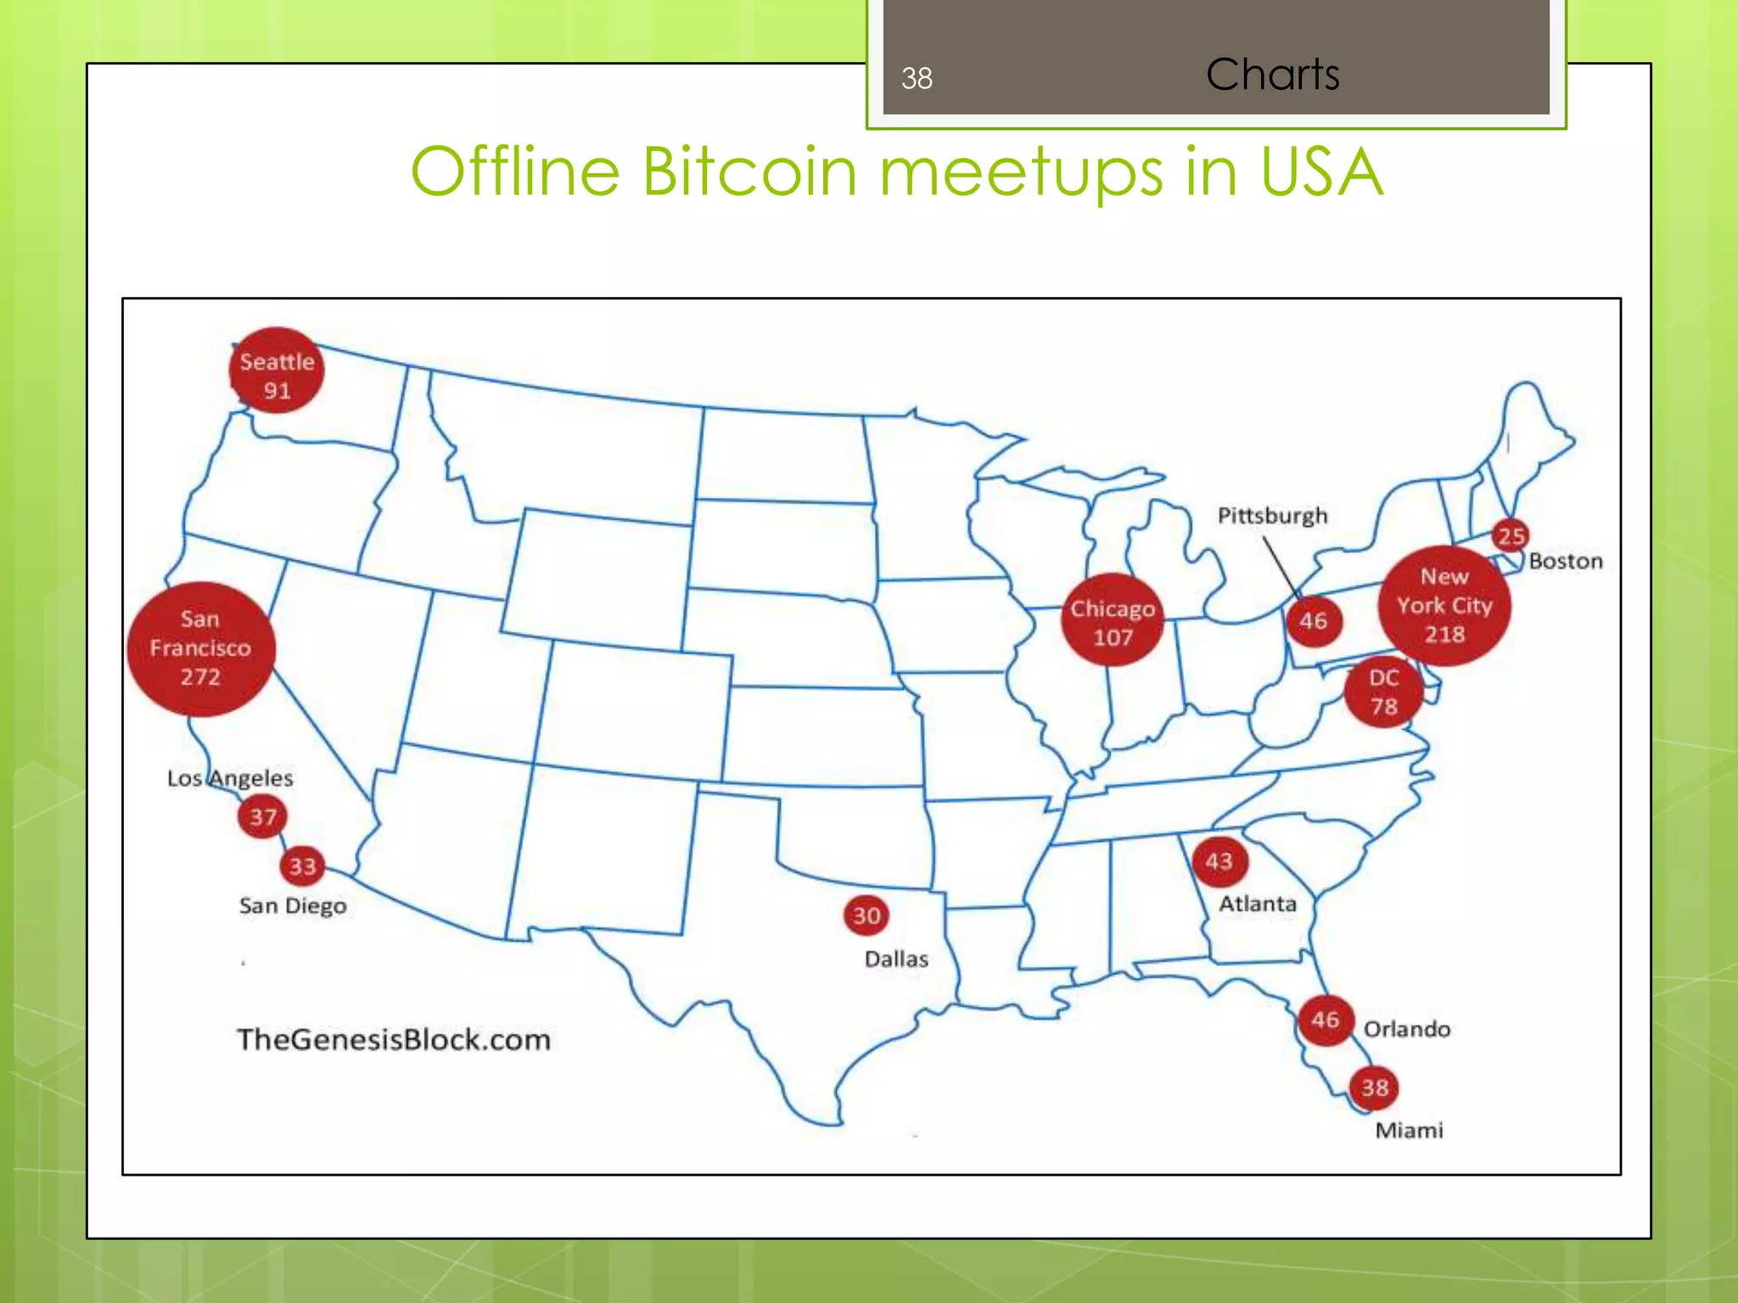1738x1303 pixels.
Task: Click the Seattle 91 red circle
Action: click(x=277, y=372)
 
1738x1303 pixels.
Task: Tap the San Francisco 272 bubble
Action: click(x=201, y=649)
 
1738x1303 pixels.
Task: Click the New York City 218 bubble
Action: click(x=1444, y=606)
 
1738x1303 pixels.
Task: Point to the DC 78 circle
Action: click(x=1383, y=691)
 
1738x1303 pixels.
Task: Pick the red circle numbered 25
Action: click(x=1511, y=535)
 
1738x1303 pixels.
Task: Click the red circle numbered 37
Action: click(x=262, y=817)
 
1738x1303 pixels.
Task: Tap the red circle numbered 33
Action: click(x=302, y=866)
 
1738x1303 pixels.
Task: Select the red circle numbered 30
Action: click(x=866, y=915)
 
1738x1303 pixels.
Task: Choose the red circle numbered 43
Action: click(x=1219, y=861)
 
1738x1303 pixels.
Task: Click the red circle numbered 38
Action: click(x=1375, y=1088)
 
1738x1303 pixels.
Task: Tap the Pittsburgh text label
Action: click(x=1272, y=516)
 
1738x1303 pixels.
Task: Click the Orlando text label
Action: click(x=1406, y=1029)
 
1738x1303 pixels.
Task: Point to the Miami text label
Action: click(x=1409, y=1130)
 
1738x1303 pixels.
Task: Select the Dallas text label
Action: click(x=896, y=959)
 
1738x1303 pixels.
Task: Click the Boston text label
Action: click(x=1566, y=561)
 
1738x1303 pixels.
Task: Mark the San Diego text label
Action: click(x=293, y=906)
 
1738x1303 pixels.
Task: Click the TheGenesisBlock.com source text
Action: click(x=394, y=1039)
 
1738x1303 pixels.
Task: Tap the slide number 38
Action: click(x=917, y=78)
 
